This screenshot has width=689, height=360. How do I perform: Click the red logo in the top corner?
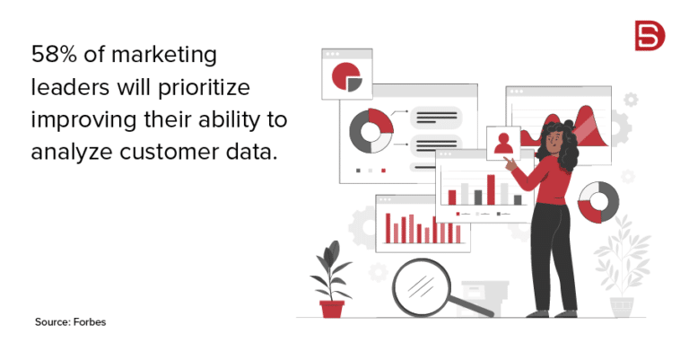(x=645, y=36)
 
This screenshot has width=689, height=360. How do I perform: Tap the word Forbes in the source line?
(x=91, y=320)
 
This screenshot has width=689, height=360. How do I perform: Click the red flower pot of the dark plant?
(x=332, y=308)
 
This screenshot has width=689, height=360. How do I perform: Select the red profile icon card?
(x=503, y=142)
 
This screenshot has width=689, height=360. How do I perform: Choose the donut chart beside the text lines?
(x=371, y=131)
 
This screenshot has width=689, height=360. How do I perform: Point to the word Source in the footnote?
(x=52, y=320)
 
